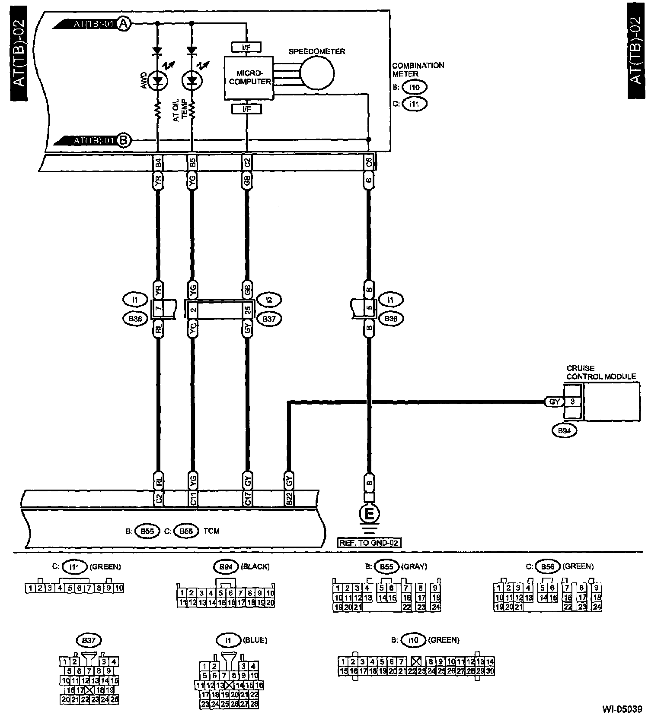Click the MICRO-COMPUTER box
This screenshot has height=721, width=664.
pos(249,78)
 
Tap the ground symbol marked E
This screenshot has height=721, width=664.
pos(369,514)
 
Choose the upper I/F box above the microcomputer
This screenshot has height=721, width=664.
pos(246,47)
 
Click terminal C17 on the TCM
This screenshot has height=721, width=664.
pos(248,499)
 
